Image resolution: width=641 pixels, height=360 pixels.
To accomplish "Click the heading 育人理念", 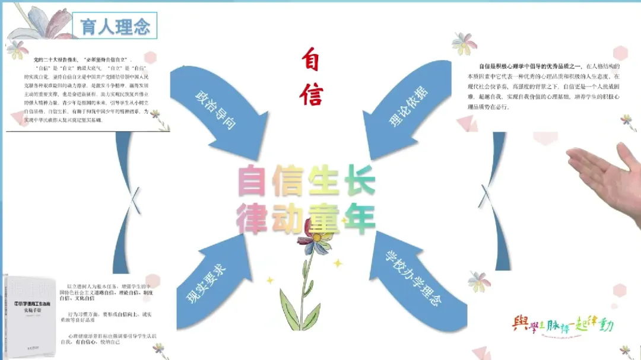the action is [115, 27].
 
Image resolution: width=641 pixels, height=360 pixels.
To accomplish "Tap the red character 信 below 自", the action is [311, 93].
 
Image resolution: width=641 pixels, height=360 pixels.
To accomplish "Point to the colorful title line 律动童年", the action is [306, 219].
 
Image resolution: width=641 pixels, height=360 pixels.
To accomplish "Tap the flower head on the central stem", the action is [320, 240].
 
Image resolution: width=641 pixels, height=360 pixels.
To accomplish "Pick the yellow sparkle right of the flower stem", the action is [338, 263].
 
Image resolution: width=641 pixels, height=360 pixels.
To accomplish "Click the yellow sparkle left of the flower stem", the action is [269, 280].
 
